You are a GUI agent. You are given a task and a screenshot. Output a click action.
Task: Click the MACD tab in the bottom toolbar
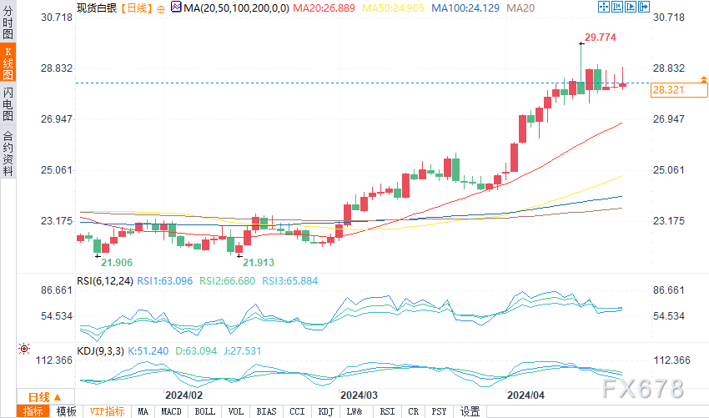[171, 411]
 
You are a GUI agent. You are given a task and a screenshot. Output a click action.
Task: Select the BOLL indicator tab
[203, 411]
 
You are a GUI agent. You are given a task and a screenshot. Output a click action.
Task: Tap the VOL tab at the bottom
[235, 411]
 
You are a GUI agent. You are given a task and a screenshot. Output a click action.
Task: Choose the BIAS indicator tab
[266, 411]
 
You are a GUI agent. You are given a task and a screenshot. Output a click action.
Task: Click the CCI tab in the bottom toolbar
[297, 411]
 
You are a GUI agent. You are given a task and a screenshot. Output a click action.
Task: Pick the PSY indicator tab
[439, 411]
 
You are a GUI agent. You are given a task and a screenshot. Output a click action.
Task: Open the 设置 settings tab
[470, 411]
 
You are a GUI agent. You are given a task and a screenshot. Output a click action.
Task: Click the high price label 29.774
[601, 38]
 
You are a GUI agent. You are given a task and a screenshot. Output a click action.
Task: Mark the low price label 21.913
[258, 262]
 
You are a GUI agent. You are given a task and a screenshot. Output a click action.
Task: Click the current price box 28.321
[667, 89]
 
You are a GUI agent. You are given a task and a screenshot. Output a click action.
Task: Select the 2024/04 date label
[525, 395]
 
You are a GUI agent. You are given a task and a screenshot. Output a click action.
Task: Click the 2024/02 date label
[184, 395]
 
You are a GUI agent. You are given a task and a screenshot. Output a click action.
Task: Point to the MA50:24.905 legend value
[396, 8]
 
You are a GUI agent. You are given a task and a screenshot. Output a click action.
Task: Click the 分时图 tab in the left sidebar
[8, 24]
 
